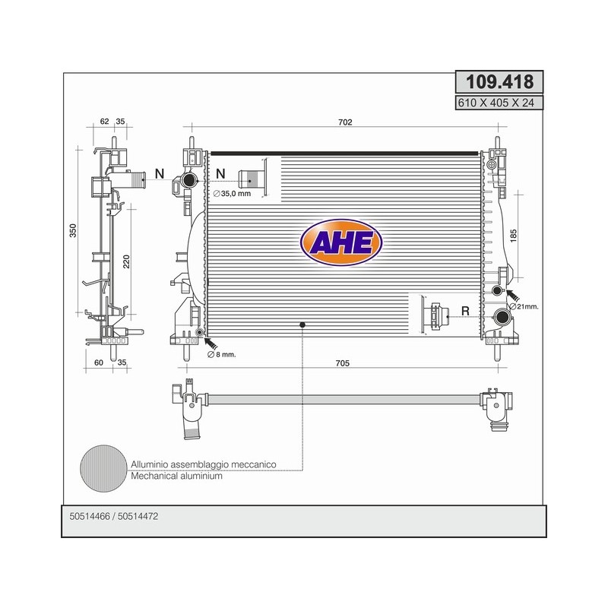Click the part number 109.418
499,82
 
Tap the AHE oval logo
341,242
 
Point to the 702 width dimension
345,122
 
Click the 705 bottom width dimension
343,363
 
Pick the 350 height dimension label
73,230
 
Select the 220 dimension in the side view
126,261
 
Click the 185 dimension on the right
514,236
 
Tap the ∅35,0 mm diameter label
233,194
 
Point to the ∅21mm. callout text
524,306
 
